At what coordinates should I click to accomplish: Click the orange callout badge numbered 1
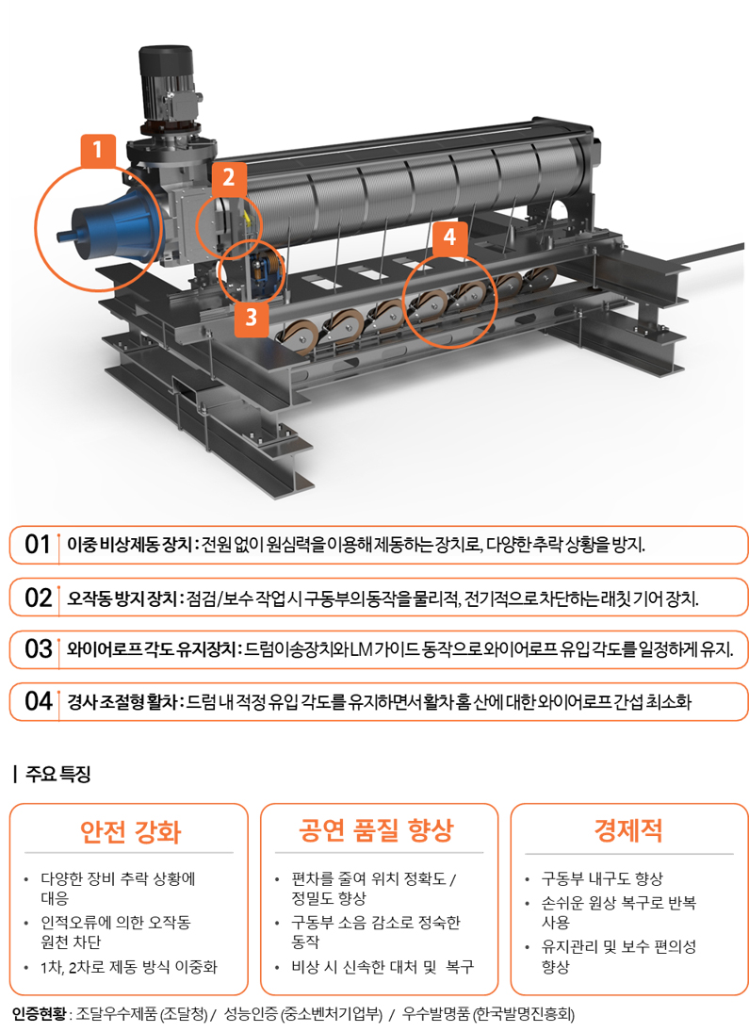[98, 150]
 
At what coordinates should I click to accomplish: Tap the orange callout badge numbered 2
[228, 177]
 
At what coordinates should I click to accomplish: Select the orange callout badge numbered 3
[251, 318]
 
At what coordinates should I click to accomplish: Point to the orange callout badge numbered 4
[449, 237]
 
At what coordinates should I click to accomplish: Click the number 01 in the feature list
[38, 545]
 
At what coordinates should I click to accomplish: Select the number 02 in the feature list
[39, 598]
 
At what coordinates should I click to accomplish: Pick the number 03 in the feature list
[39, 649]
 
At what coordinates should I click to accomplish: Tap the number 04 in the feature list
[39, 701]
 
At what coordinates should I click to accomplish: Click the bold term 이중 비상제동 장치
[129, 545]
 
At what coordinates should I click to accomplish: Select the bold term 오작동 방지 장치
[122, 598]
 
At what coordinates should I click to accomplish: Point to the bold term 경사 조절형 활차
[122, 702]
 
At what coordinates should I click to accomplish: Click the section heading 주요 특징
[57, 774]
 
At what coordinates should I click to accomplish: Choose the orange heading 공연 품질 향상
[377, 830]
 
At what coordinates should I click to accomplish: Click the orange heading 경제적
[627, 830]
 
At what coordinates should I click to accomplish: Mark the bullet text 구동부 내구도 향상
[602, 878]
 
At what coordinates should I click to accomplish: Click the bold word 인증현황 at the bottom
[39, 1014]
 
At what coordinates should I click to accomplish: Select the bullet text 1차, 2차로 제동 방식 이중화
[129, 967]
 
